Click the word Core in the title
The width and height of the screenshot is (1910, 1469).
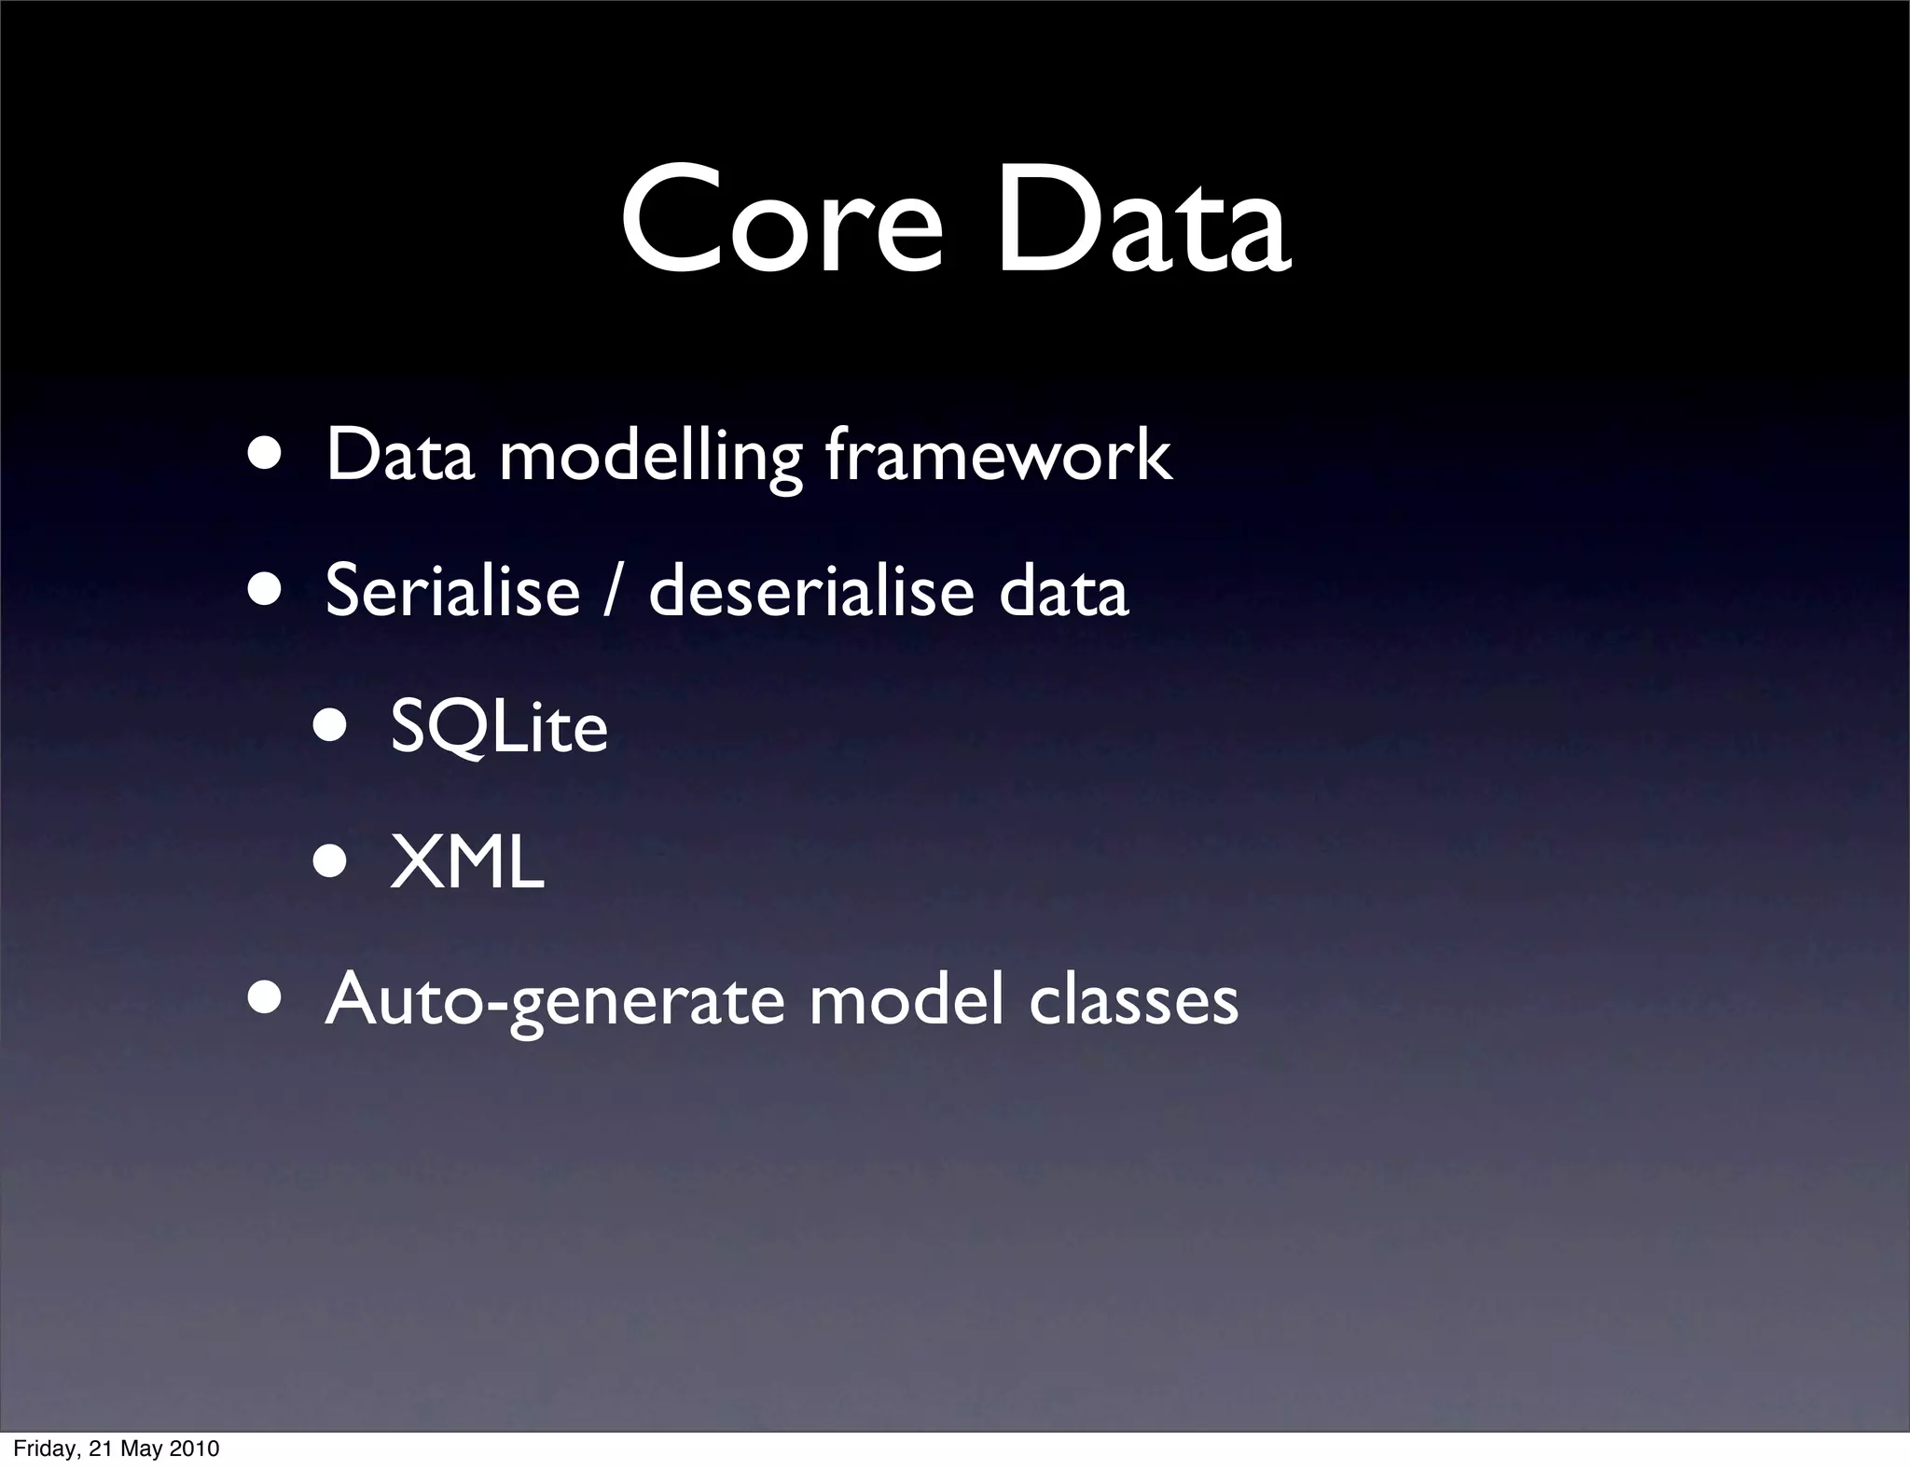click(x=782, y=222)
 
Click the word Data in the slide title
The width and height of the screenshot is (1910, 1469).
click(x=1142, y=222)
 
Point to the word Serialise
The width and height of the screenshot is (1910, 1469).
click(x=452, y=590)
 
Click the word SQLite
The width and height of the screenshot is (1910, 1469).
click(x=498, y=726)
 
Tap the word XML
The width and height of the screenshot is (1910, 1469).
click(x=466, y=862)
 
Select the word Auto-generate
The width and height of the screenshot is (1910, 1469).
click(x=555, y=999)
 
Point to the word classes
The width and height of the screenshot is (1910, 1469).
click(x=1133, y=999)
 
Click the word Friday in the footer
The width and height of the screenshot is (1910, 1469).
click(x=43, y=1448)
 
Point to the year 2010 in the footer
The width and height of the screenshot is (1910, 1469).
click(x=195, y=1448)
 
